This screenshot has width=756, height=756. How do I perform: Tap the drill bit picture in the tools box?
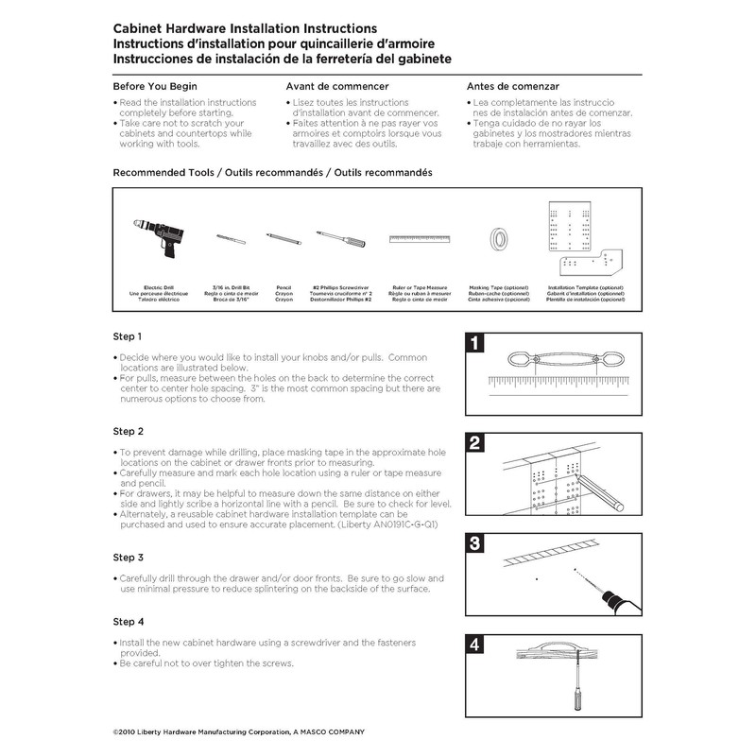pyautogui.click(x=230, y=239)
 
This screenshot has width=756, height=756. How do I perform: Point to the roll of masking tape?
pyautogui.click(x=498, y=240)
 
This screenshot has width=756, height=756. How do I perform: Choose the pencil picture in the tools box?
pyautogui.click(x=283, y=238)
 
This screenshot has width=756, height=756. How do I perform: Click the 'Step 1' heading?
pyautogui.click(x=128, y=336)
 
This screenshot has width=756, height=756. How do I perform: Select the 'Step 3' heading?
pyautogui.click(x=128, y=558)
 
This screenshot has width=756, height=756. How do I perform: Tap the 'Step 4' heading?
pyautogui.click(x=128, y=622)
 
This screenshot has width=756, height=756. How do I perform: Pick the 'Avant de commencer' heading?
pyautogui.click(x=337, y=86)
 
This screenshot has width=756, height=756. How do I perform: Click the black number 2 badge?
pyautogui.click(x=476, y=442)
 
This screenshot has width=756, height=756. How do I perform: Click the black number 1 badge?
pyautogui.click(x=476, y=342)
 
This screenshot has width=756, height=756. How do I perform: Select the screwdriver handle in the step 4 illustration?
pyautogui.click(x=572, y=707)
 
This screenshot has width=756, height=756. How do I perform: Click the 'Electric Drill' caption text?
pyautogui.click(x=158, y=286)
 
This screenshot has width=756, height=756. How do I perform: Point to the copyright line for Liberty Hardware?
pyautogui.click(x=238, y=732)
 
